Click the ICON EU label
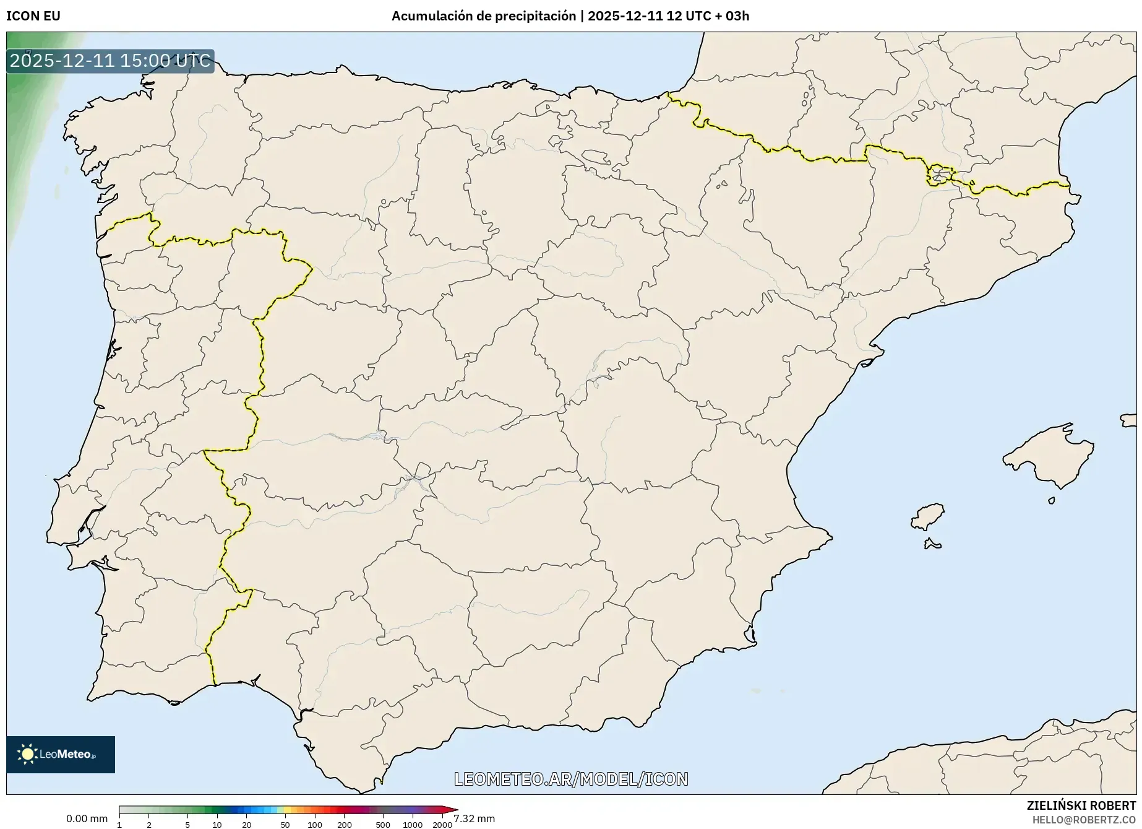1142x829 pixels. pyautogui.click(x=33, y=16)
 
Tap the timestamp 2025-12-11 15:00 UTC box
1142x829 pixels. pyautogui.click(x=110, y=61)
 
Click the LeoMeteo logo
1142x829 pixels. pyautogui.click(x=60, y=754)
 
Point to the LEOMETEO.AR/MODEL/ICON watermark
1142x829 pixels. pyautogui.click(x=571, y=779)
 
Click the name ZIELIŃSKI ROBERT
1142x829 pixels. pyautogui.click(x=1081, y=805)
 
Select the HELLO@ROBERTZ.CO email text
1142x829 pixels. pyautogui.click(x=1084, y=820)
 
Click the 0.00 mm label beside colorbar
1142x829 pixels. pyautogui.click(x=87, y=818)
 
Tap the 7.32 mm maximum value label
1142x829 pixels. pyautogui.click(x=474, y=818)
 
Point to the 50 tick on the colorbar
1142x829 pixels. pyautogui.click(x=285, y=824)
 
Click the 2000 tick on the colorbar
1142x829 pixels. pyautogui.click(x=442, y=824)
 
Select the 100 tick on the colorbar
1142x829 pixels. pyautogui.click(x=314, y=824)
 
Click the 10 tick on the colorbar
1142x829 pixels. pyautogui.click(x=217, y=824)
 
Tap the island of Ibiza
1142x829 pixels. pyautogui.click(x=929, y=516)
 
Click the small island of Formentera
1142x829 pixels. pyautogui.click(x=932, y=545)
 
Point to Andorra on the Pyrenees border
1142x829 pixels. pyautogui.click(x=939, y=175)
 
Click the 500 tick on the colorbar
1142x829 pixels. pyautogui.click(x=383, y=824)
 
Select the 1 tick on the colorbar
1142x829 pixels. pyautogui.click(x=119, y=824)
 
